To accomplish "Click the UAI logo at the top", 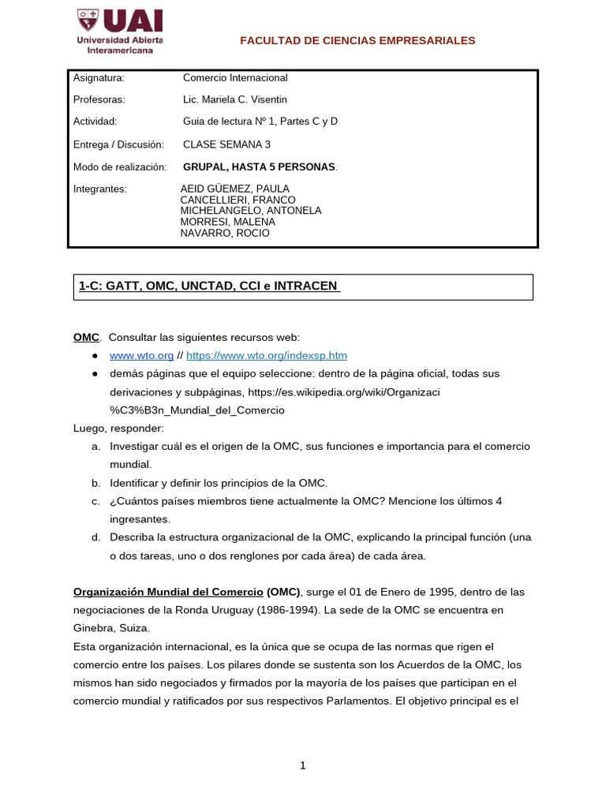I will (119, 31).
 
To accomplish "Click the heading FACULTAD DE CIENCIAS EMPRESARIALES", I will (357, 40).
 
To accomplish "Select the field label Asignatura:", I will (99, 78).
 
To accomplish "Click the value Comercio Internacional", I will (235, 78).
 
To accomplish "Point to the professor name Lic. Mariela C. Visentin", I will (235, 99).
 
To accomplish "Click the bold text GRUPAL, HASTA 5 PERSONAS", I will (259, 167).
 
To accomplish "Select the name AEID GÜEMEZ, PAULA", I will (235, 189).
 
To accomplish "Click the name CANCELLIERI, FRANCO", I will (238, 200).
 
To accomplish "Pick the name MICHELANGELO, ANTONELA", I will (251, 211).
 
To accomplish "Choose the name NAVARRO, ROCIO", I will (225, 233).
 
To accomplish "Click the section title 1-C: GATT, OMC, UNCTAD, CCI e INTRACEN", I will (209, 286).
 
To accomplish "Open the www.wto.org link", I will (130, 356).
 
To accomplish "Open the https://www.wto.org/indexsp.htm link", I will (267, 356).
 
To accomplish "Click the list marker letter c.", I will (95, 501).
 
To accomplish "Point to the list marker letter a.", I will (95, 447).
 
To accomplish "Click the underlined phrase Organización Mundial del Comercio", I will (168, 592).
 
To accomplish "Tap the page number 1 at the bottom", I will (303, 765).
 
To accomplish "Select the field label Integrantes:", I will (99, 189).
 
